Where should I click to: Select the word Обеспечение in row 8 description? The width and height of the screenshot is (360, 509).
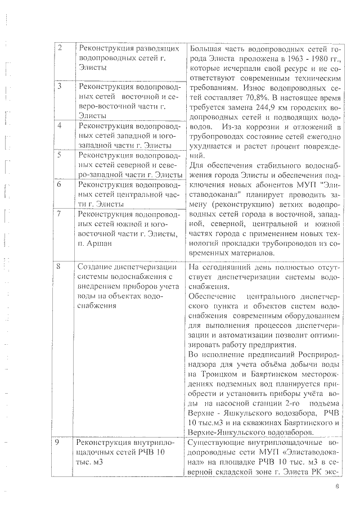coord(210,296)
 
